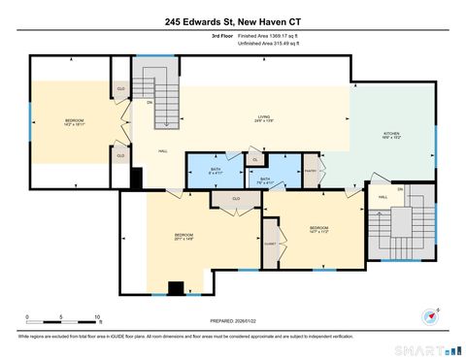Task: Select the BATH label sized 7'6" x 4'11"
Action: (x=264, y=180)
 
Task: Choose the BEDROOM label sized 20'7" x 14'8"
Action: (x=183, y=236)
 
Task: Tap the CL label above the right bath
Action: (x=253, y=159)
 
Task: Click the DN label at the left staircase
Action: (x=150, y=102)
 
